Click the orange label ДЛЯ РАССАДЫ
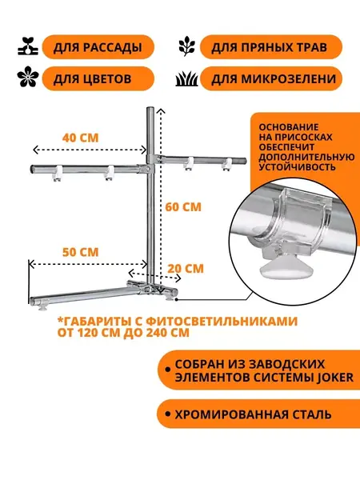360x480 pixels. [x=98, y=47]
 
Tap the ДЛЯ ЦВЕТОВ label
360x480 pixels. [x=98, y=79]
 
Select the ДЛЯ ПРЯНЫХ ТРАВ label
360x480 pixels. [x=271, y=47]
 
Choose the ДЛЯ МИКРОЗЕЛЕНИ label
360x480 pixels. [x=271, y=79]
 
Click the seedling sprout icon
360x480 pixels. [x=27, y=46]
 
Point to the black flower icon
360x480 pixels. [x=28, y=77]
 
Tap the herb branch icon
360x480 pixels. [x=187, y=46]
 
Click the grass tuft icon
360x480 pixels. [x=186, y=79]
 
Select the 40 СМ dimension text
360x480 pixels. [x=81, y=138]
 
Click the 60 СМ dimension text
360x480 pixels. [x=183, y=207]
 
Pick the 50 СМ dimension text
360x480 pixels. [x=81, y=252]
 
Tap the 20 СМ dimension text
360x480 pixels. [x=186, y=269]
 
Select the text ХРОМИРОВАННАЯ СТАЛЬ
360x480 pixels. [x=253, y=414]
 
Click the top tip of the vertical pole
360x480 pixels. [x=150, y=108]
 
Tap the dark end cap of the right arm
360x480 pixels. [x=242, y=161]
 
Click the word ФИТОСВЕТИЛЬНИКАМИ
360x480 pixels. [x=222, y=322]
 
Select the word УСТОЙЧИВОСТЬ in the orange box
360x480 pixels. [x=293, y=167]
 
